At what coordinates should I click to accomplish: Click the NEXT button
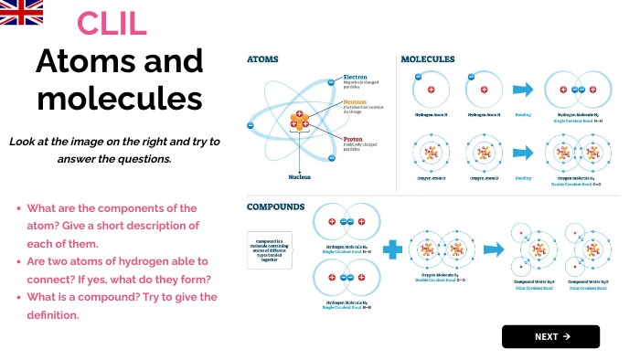(550, 336)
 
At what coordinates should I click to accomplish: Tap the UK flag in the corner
(21, 12)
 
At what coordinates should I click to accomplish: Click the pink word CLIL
(112, 24)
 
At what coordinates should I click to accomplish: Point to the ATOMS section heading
(262, 59)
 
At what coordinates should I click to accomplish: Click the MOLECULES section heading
(428, 59)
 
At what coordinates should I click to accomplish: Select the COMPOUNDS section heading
(275, 206)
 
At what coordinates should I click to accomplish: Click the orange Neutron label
(356, 104)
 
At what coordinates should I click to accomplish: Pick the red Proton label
(354, 140)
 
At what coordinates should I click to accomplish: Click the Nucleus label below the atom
(300, 176)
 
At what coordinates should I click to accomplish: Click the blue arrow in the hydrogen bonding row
(523, 90)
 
